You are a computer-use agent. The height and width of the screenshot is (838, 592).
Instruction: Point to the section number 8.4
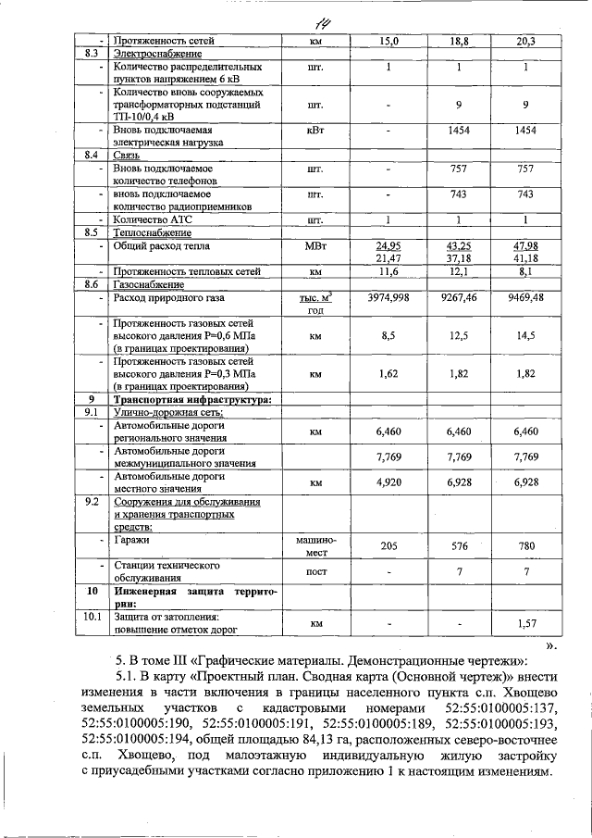point(91,155)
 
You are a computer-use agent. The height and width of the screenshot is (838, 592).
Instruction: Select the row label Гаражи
point(132,538)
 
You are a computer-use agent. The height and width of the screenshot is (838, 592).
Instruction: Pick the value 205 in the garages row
point(388,546)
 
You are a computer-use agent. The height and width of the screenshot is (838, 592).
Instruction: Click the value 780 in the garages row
point(525,546)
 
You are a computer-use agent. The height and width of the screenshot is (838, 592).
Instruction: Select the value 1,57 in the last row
point(525,624)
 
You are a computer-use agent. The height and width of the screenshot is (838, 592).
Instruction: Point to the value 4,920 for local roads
point(388,482)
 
